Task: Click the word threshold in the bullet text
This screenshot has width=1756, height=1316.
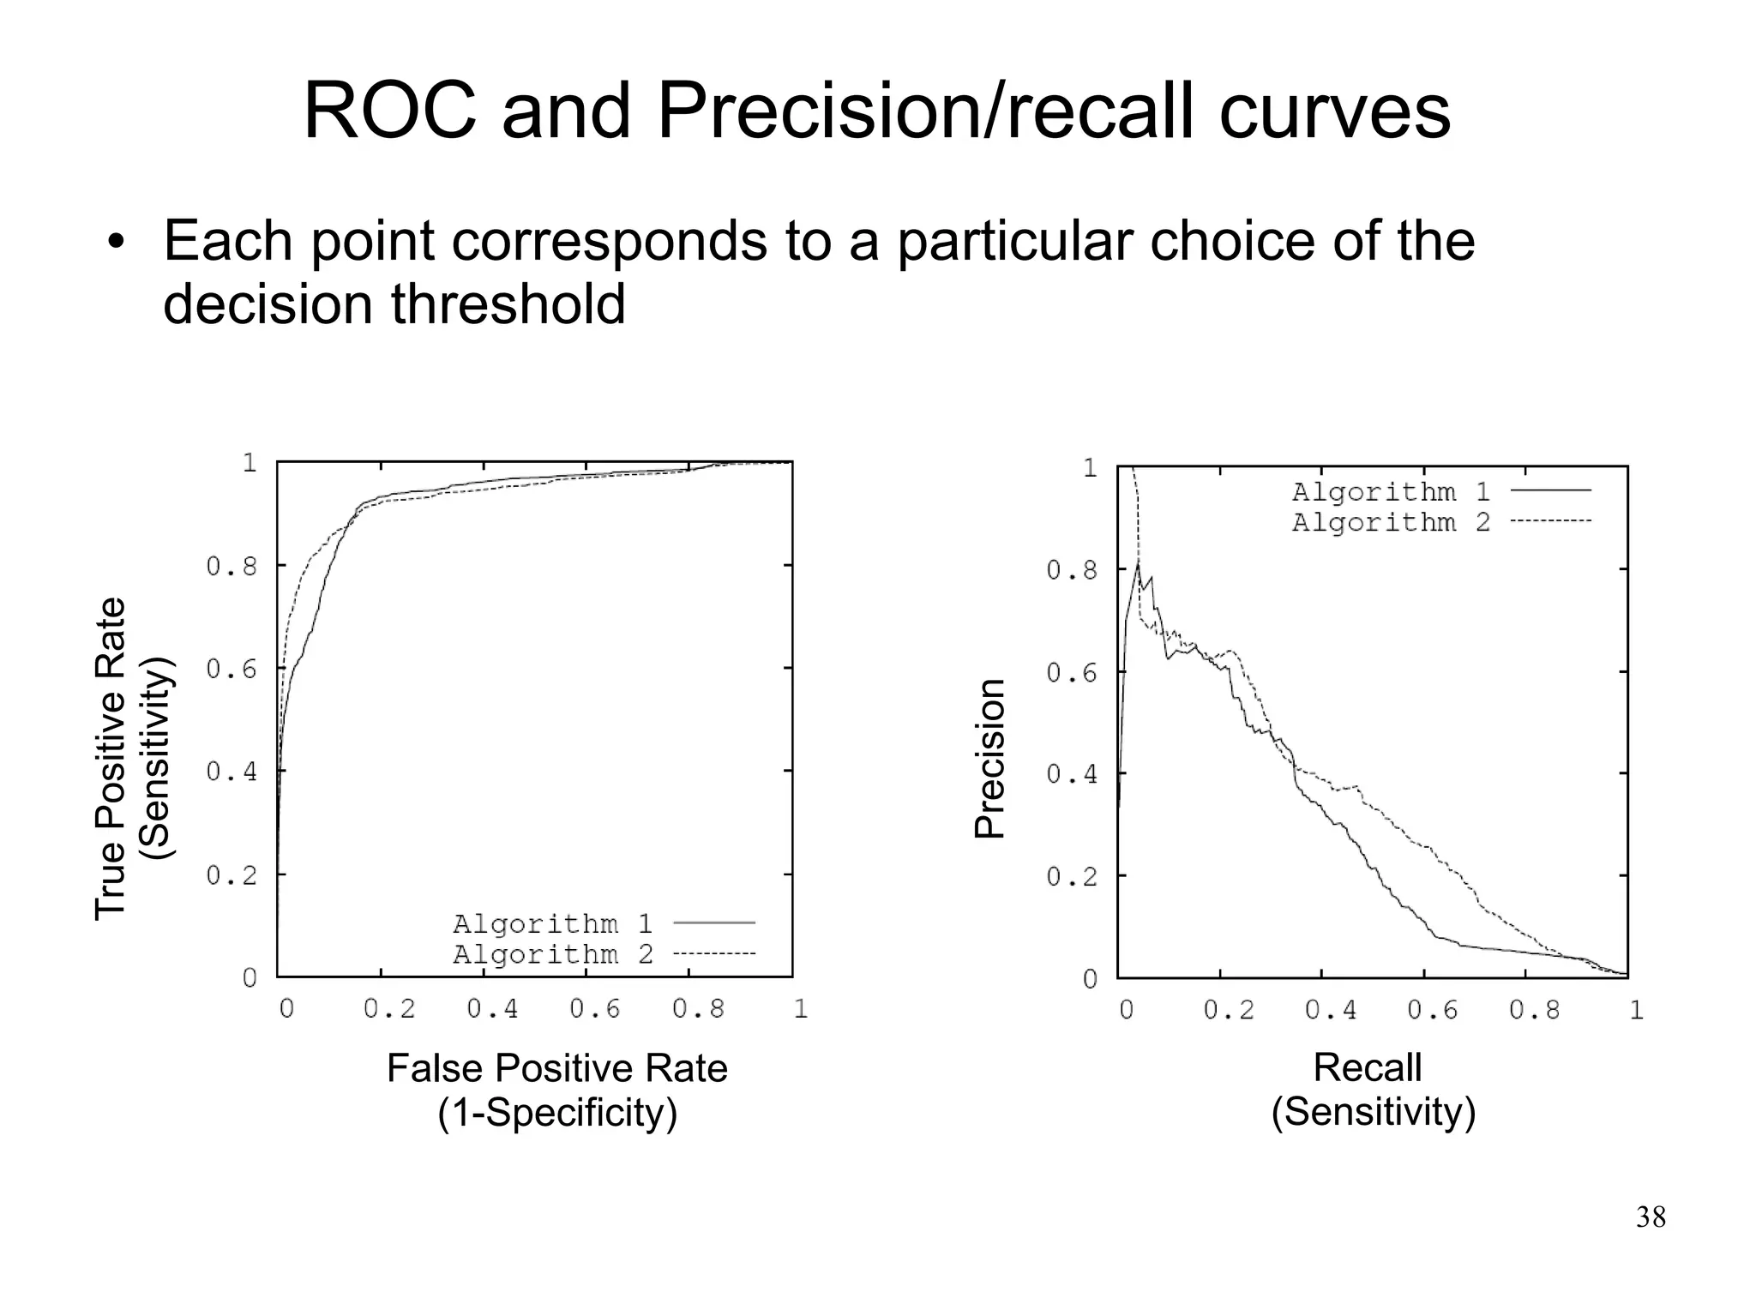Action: coord(508,304)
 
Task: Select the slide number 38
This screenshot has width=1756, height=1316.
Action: coord(1651,1217)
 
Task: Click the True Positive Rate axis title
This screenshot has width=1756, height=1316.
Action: coord(111,759)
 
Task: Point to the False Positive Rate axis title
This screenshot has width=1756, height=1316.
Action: coord(556,1069)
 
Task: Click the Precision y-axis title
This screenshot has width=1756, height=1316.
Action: coord(989,759)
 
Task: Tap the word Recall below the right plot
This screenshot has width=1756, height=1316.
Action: coord(1367,1068)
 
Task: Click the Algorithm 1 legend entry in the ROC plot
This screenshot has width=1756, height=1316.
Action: coord(553,923)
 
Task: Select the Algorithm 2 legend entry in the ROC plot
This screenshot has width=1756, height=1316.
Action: coord(553,954)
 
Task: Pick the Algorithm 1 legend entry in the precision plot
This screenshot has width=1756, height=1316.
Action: coord(1391,492)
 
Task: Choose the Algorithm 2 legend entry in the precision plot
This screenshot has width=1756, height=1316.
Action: coord(1391,522)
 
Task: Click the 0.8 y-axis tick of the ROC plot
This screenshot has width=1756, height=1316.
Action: coord(232,567)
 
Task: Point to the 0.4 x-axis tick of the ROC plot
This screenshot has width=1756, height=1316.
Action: coord(492,1009)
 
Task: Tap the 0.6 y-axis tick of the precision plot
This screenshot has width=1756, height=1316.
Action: coord(1072,673)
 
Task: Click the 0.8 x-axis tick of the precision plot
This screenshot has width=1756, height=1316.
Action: coord(1534,1010)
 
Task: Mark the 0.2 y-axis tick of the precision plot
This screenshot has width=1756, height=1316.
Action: coord(1072,877)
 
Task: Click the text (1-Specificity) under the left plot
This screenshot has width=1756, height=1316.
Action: coord(557,1113)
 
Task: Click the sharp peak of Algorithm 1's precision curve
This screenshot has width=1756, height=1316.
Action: coord(1138,563)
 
